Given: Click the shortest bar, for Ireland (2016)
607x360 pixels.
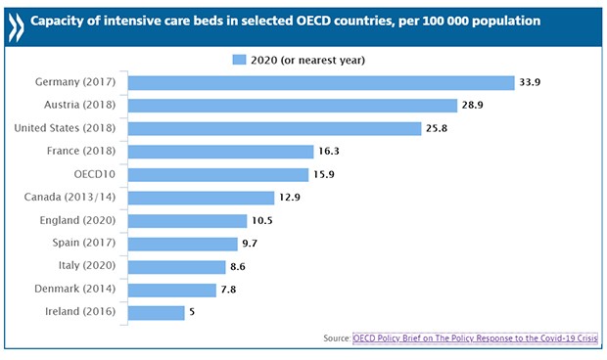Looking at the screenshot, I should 157,313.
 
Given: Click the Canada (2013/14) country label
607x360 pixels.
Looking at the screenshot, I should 73,199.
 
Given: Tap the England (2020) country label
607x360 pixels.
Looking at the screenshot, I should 81,221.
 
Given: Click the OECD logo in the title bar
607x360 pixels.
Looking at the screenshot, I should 19,21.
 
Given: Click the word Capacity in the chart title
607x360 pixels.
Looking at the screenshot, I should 70,21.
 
